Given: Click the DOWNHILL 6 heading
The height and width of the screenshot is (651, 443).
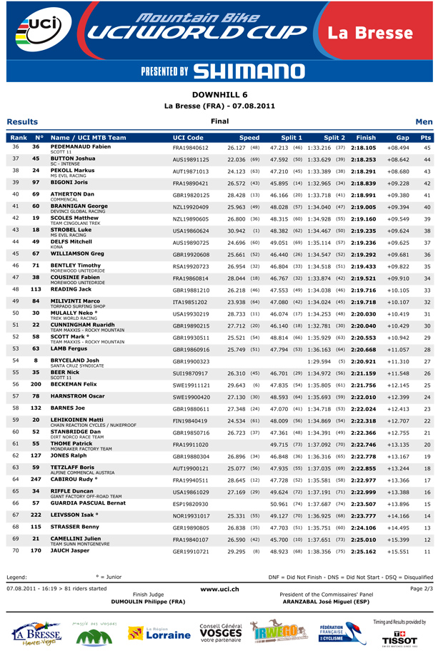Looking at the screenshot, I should [x=220, y=94].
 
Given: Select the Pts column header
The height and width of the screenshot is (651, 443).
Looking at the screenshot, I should [x=426, y=138].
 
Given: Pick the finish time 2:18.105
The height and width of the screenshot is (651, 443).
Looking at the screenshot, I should [x=364, y=147].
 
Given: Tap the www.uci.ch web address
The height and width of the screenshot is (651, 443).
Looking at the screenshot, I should [x=219, y=589].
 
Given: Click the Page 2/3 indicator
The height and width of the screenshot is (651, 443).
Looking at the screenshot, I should [x=422, y=588].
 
